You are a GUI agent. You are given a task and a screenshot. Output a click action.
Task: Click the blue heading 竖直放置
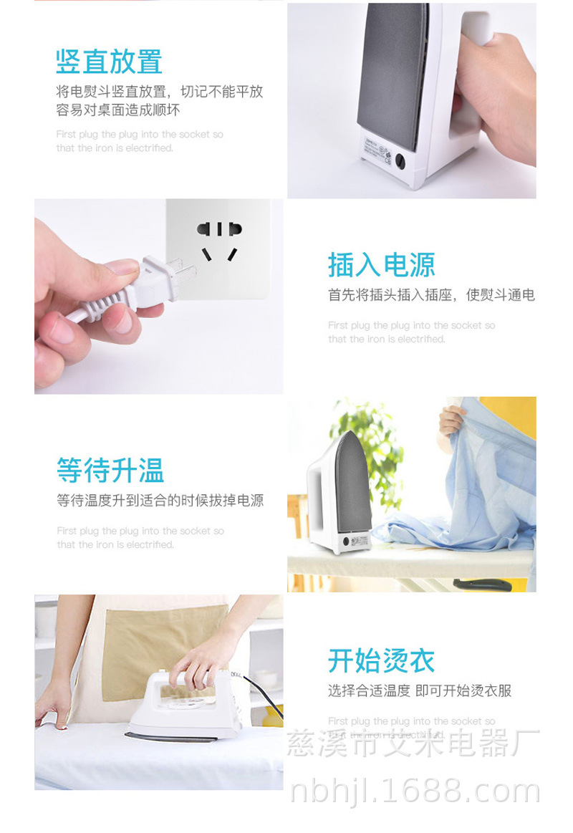(109, 62)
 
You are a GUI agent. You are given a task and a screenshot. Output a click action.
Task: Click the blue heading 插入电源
(381, 265)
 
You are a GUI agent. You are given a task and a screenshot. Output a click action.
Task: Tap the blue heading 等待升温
(110, 471)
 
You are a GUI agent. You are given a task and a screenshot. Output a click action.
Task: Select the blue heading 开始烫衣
(381, 660)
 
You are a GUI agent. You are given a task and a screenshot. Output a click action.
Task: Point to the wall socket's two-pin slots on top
(219, 229)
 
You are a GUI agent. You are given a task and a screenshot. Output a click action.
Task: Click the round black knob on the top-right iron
(400, 162)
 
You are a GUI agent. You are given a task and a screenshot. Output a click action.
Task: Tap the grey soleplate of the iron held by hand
(393, 72)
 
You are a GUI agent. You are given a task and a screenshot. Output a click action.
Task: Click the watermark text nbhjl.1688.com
(415, 791)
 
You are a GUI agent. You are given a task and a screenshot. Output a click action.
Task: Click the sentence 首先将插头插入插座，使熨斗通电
(431, 295)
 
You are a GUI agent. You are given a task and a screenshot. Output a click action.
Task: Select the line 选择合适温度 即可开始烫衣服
(420, 690)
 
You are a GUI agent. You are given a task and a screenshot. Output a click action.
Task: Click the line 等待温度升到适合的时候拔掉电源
(160, 501)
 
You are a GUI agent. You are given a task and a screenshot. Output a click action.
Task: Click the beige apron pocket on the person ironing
(165, 648)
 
